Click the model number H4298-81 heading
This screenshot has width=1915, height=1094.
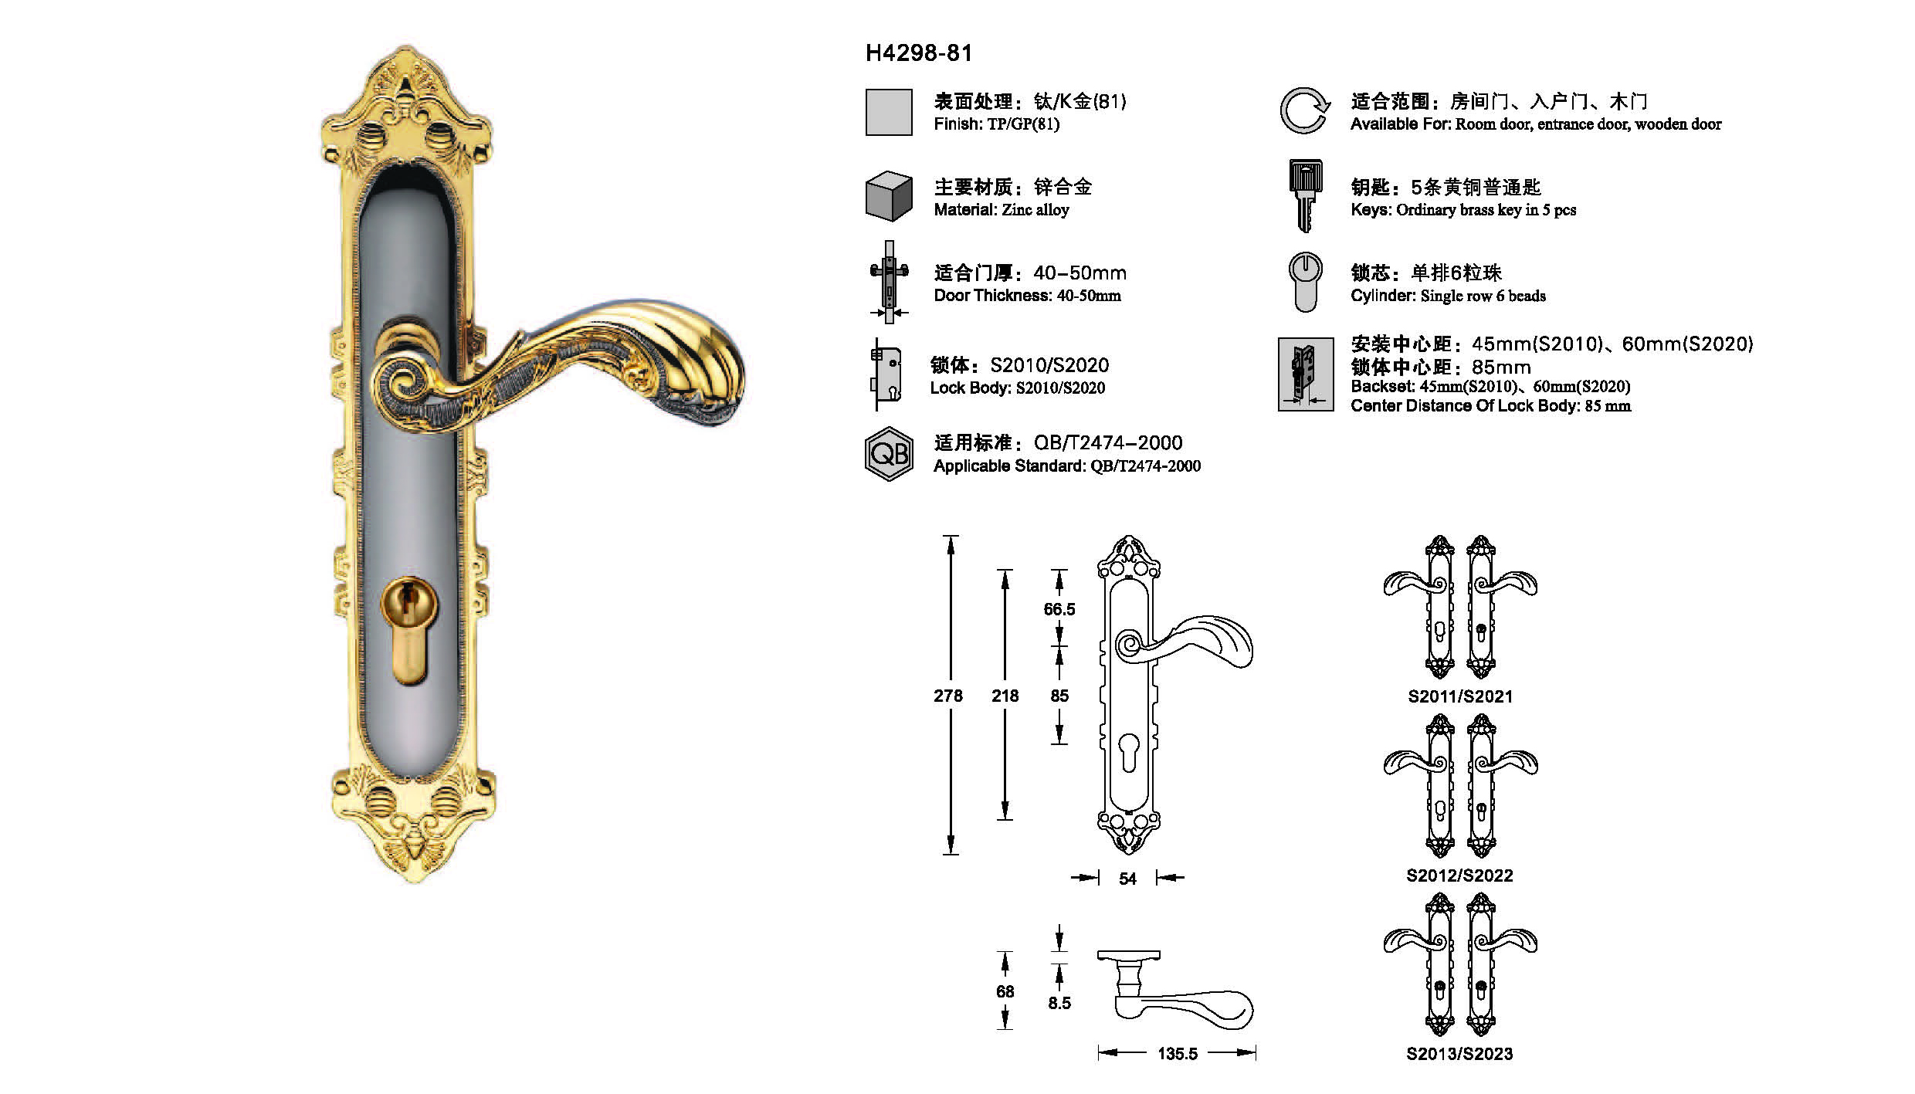point(919,53)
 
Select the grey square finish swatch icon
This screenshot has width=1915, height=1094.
point(889,113)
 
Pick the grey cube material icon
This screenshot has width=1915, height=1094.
point(889,196)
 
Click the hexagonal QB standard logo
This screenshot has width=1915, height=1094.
point(889,454)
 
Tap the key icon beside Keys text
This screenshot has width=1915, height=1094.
point(1305,196)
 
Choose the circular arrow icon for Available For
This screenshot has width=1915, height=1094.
point(1305,110)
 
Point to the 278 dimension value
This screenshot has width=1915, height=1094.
point(948,696)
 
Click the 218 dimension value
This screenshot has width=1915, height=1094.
point(1005,696)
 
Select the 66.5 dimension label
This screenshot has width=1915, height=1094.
point(1059,609)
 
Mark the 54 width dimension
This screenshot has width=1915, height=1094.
point(1127,879)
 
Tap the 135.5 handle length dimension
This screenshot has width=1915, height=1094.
point(1178,1054)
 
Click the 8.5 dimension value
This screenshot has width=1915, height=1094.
point(1059,1003)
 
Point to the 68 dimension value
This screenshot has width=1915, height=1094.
point(1005,991)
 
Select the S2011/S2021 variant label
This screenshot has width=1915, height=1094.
point(1460,696)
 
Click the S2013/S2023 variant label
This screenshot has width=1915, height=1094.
point(1459,1054)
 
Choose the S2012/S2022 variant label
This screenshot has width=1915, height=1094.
point(1459,876)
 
